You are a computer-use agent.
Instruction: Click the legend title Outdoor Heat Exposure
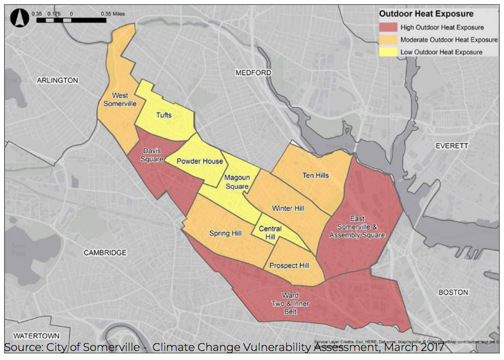pos(426,14)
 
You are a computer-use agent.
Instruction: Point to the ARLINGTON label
pos(57,80)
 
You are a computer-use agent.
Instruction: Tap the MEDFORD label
pos(253,73)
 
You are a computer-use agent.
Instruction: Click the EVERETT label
pos(452,146)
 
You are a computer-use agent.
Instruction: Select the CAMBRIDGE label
pos(105,253)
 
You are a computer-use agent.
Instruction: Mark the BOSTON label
pos(453,292)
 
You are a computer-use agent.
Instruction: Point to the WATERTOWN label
pos(36,336)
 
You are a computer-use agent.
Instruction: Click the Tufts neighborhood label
pos(164,115)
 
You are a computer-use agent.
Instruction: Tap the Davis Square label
pos(152,155)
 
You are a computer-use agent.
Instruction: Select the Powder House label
pos(200,161)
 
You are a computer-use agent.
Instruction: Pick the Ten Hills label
pos(316,175)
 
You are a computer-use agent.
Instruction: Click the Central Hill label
pos(270,233)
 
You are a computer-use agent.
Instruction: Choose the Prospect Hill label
pos(289,266)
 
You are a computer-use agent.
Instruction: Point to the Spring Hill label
pos(226,234)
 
